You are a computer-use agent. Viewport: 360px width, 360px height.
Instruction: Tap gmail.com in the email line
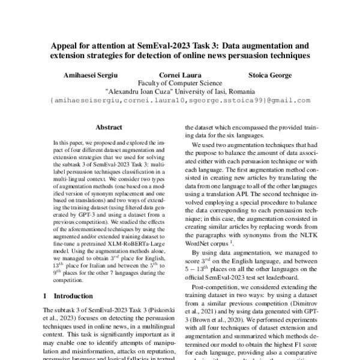(x=293, y=101)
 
